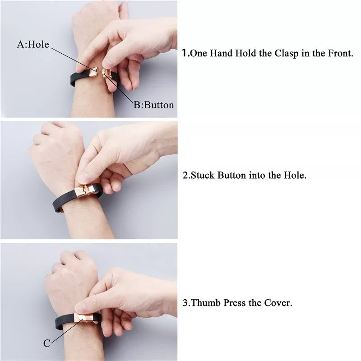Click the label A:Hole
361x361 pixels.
coord(33,44)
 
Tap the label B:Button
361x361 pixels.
coord(154,105)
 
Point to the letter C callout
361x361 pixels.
coord(47,343)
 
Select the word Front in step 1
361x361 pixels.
coord(341,53)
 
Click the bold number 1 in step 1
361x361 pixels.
coord(185,53)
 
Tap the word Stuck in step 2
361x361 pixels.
coord(203,175)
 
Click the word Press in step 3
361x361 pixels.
coord(235,303)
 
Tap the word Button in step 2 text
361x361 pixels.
coord(231,175)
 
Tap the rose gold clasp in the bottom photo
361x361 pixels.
coord(86,318)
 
